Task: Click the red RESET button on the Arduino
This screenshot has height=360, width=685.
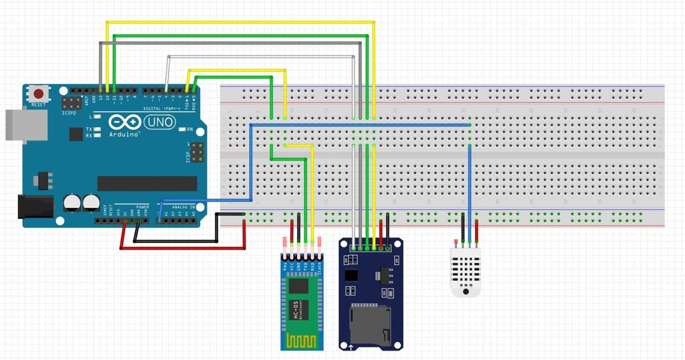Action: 41,94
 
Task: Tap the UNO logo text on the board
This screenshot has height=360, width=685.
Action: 159,122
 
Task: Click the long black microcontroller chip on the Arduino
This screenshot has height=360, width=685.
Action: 147,183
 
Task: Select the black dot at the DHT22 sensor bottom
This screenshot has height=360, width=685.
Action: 465,290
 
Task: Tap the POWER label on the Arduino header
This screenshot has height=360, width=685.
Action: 142,207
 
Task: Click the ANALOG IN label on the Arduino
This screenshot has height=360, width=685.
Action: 184,207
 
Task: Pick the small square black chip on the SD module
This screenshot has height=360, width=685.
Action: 351,275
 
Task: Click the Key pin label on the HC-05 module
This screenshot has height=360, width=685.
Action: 286,269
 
